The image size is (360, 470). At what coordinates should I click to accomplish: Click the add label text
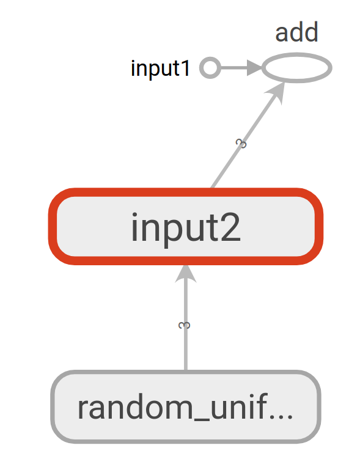tap(296, 32)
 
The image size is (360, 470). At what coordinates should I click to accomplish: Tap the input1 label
tap(160, 68)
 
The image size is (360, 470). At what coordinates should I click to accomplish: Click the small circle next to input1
tap(210, 68)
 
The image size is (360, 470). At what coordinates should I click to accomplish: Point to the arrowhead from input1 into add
tap(254, 68)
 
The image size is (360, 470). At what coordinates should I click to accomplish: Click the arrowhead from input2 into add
tap(276, 92)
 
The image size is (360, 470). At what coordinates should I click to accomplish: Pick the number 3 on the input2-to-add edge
tap(241, 144)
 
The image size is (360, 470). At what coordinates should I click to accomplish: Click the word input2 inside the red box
tap(186, 227)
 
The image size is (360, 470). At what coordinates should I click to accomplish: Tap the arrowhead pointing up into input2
tap(186, 273)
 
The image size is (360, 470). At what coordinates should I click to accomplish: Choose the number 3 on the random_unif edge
tap(184, 326)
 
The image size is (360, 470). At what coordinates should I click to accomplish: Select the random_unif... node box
tap(186, 406)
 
